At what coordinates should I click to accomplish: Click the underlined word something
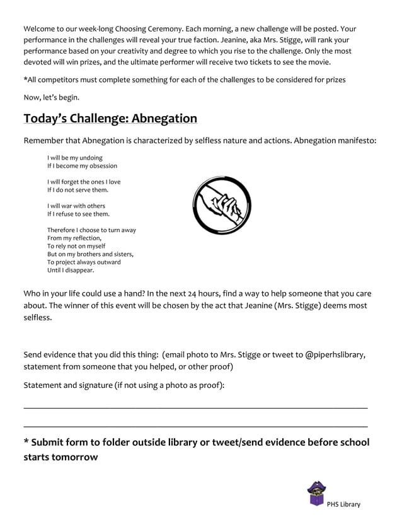(x=150, y=80)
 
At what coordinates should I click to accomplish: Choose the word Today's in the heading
(x=53, y=119)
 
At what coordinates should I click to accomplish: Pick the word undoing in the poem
(x=89, y=158)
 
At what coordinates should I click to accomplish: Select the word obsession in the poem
(x=101, y=166)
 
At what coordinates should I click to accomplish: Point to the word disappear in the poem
(x=78, y=270)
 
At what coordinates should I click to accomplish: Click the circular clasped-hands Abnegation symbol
(x=222, y=205)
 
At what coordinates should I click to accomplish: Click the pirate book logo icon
(x=316, y=494)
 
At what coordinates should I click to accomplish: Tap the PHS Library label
(x=343, y=504)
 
